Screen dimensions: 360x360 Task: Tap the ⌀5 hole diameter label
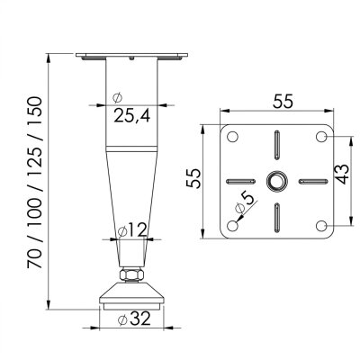pyautogui.click(x=242, y=210)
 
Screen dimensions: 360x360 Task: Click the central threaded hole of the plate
pyautogui.click(x=278, y=181)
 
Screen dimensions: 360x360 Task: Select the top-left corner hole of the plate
pyautogui.click(x=233, y=137)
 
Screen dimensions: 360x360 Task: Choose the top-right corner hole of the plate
pyautogui.click(x=322, y=137)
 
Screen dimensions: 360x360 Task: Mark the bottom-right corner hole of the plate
pyautogui.click(x=322, y=225)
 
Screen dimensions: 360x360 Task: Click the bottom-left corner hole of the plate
pyautogui.click(x=233, y=225)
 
